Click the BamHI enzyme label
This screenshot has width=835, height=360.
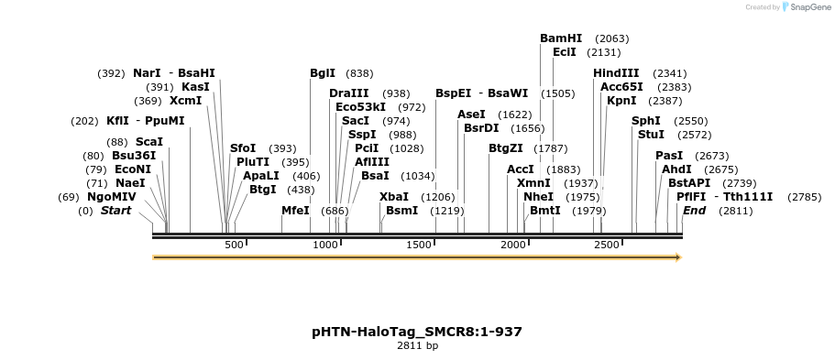coord(561,38)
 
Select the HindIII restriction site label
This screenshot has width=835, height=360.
coord(616,73)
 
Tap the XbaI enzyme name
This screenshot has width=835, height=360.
coord(394,197)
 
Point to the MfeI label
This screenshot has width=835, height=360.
coord(295,211)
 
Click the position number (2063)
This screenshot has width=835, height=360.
coord(611,38)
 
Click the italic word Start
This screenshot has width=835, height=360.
coord(115,211)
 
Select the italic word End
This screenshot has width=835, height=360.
coord(695,211)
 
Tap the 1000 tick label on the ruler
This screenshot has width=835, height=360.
coord(326,245)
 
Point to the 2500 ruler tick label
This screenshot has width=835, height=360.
coord(607,245)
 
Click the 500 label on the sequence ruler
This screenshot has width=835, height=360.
coord(235,245)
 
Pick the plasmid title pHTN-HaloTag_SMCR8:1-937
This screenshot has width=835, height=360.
coord(417,332)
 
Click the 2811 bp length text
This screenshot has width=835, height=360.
coord(417,346)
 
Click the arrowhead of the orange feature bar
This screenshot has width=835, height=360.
coord(677,257)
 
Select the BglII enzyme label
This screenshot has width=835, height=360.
coord(323,73)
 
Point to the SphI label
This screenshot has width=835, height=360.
coord(646,121)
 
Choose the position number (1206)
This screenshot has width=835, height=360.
coord(437,197)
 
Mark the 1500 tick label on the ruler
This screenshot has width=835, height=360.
coord(420,245)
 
